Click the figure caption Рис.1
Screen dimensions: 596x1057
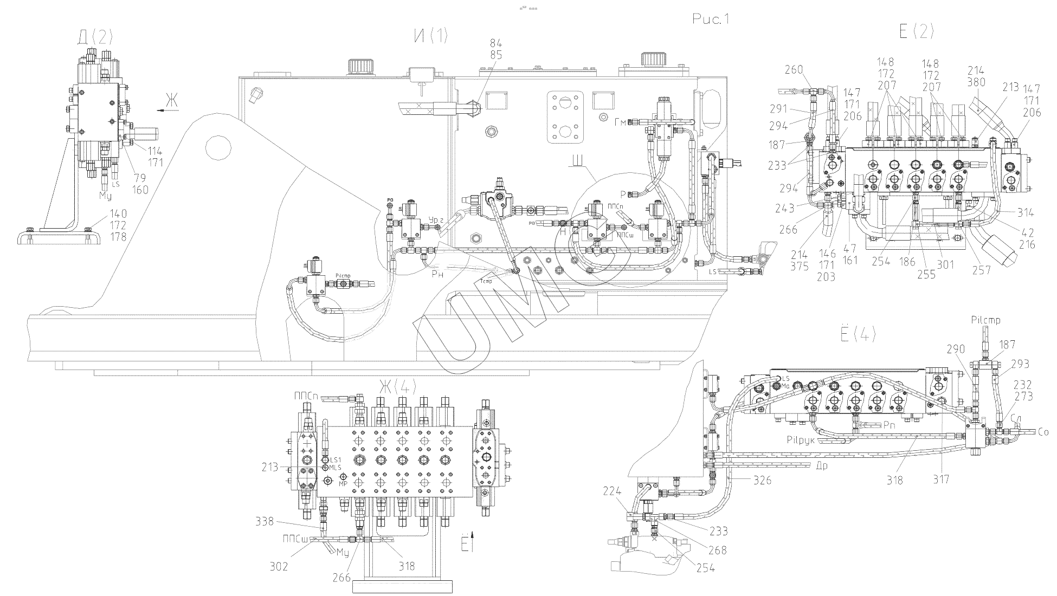click(711, 20)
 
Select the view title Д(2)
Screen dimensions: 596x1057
click(95, 37)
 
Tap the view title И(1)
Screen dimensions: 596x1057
click(431, 36)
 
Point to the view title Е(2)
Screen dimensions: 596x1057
click(917, 31)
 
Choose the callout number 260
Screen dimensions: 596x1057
click(795, 70)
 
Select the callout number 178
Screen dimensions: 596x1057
click(118, 237)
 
